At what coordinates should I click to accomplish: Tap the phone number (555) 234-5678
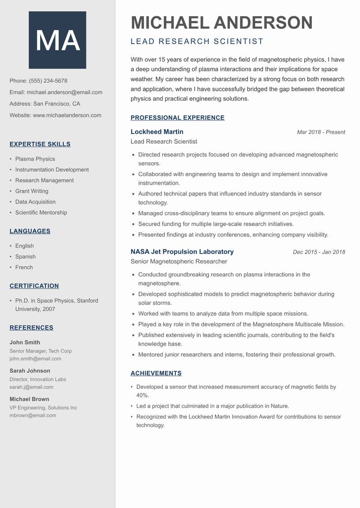[x=48, y=81]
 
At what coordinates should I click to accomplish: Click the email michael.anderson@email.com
[x=64, y=92]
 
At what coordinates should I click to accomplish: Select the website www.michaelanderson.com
[x=67, y=115]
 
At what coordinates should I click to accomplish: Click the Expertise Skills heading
[x=40, y=144]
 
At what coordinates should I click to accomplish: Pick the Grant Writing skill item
[x=31, y=191]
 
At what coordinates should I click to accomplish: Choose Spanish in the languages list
[x=25, y=257]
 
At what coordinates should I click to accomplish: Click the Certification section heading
[x=34, y=286]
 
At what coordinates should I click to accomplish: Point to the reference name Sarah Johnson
[x=30, y=371]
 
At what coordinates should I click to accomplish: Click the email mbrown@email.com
[x=33, y=415]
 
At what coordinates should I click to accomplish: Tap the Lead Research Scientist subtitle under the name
[x=197, y=41]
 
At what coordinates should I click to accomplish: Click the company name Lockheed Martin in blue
[x=157, y=132]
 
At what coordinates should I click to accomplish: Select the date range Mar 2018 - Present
[x=321, y=132]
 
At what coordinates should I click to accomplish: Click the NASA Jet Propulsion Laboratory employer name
[x=182, y=252]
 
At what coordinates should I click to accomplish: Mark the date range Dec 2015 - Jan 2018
[x=319, y=252]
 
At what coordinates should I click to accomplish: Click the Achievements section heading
[x=156, y=373]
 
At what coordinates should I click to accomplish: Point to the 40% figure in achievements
[x=142, y=395]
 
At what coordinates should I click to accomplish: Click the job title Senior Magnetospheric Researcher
[x=179, y=261]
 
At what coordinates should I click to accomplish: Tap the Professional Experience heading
[x=177, y=118]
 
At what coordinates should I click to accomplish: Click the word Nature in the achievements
[x=279, y=406]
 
